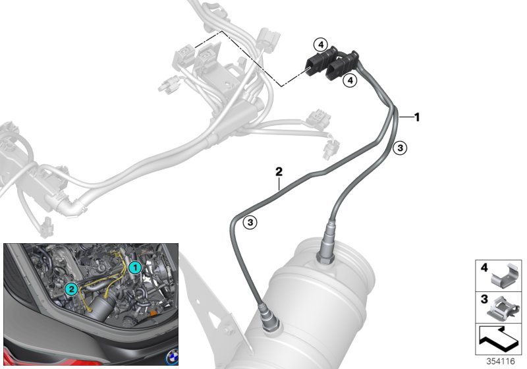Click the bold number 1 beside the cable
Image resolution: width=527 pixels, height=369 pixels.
[x=417, y=117]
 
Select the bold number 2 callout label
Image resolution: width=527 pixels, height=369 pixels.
[x=279, y=172]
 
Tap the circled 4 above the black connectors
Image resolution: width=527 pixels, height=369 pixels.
[x=320, y=44]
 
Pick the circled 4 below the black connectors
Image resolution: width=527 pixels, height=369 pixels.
[x=350, y=80]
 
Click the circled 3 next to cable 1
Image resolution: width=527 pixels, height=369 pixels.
[x=400, y=148]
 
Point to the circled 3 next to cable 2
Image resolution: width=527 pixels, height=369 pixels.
[x=250, y=222]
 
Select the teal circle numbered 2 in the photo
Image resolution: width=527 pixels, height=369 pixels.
[x=72, y=289]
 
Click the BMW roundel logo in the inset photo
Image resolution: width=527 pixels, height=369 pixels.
[x=172, y=357]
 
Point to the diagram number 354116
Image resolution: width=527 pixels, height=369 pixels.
[x=501, y=361]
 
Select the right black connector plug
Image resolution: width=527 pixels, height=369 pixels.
[x=343, y=66]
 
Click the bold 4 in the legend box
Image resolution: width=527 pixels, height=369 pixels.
[x=484, y=268]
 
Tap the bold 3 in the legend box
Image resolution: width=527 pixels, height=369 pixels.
[x=484, y=299]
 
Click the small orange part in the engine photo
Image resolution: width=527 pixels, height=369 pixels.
[x=153, y=313]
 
